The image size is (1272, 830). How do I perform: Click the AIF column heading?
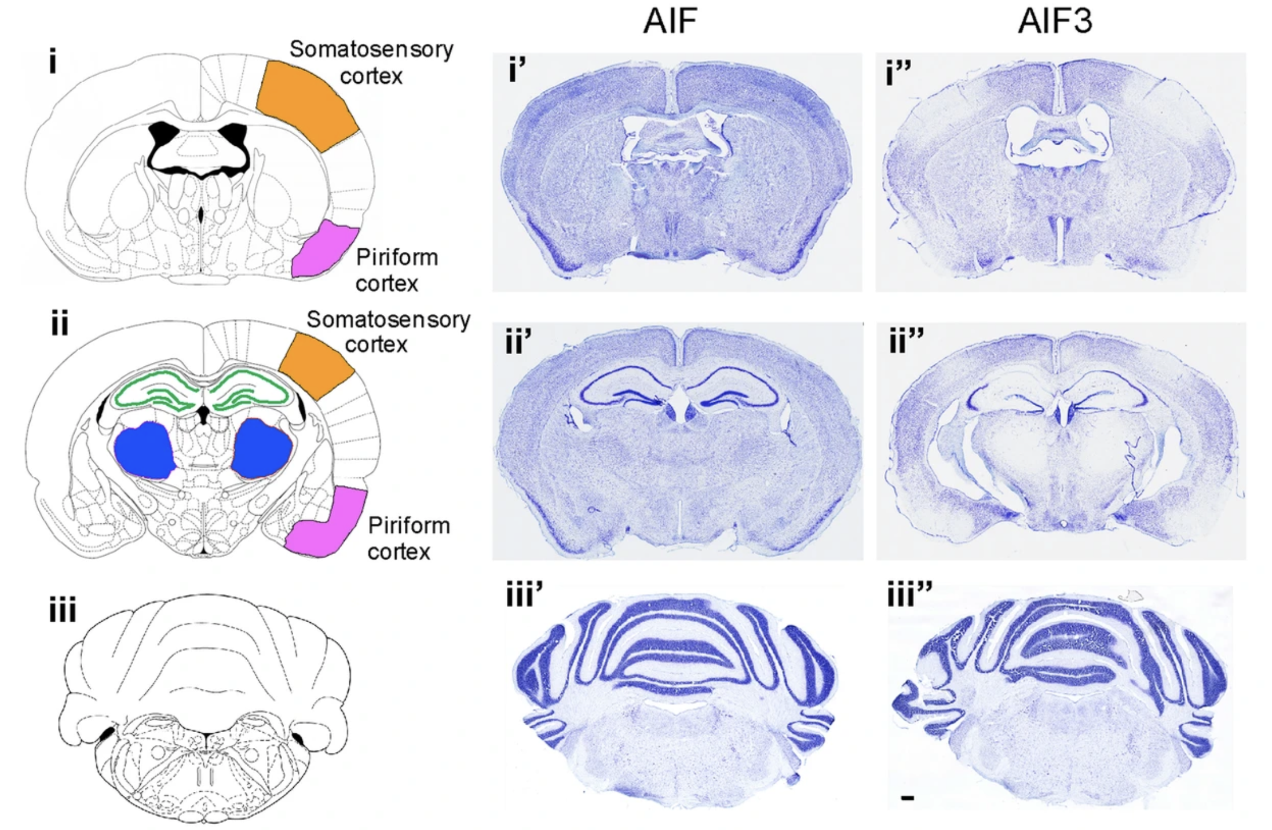[x=670, y=21]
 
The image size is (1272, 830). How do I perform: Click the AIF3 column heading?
[x=1055, y=21]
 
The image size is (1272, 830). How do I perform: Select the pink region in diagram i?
[x=324, y=249]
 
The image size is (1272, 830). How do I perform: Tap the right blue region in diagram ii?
[x=262, y=449]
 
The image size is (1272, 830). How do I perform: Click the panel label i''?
[x=899, y=72]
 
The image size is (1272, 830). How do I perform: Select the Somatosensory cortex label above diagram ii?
[x=388, y=332]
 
